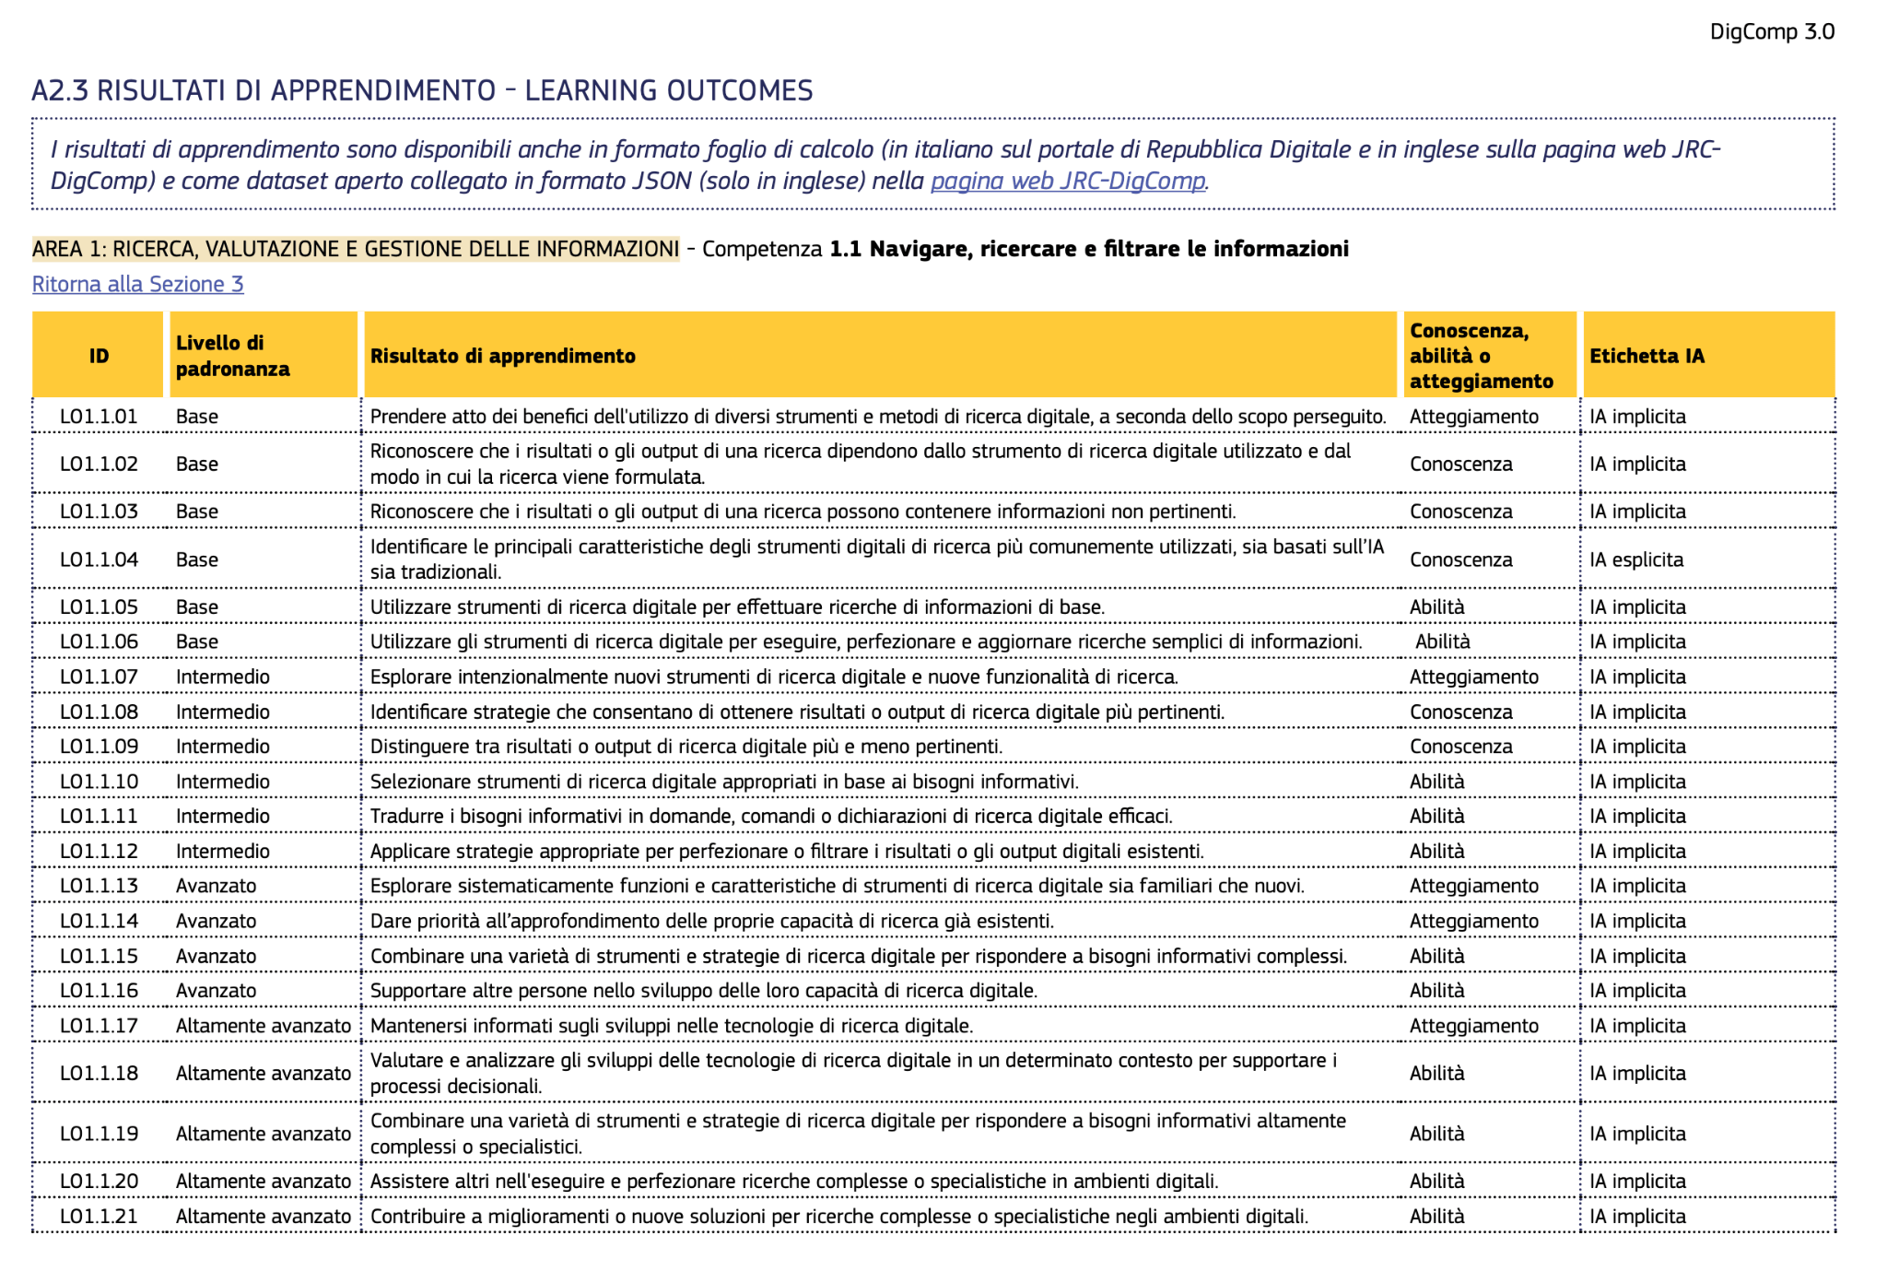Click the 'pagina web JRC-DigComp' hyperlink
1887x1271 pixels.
tap(1067, 181)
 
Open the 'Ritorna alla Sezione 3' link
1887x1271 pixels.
tap(137, 284)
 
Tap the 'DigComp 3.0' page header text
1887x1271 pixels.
tap(1771, 32)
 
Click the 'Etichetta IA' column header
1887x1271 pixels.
tap(1646, 356)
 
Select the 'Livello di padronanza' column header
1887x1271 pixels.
tap(232, 356)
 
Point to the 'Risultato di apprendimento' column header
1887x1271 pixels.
tap(502, 356)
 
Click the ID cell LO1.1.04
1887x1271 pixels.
tap(99, 559)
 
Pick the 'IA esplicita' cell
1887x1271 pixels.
tap(1635, 559)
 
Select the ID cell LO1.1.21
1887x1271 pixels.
tap(99, 1216)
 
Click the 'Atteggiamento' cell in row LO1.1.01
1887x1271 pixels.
tap(1473, 417)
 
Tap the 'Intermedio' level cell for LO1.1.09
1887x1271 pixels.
tap(222, 747)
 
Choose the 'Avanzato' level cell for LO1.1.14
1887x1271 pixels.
tap(216, 921)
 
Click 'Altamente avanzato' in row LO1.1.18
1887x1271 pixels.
tap(263, 1073)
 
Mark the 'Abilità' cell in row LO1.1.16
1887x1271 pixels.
tap(1436, 991)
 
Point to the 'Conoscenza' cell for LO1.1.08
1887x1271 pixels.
tap(1460, 712)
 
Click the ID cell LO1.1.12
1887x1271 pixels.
tap(99, 851)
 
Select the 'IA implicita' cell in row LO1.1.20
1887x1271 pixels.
tap(1637, 1181)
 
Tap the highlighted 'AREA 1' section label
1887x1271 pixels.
tap(355, 249)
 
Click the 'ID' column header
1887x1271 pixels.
tap(99, 356)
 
